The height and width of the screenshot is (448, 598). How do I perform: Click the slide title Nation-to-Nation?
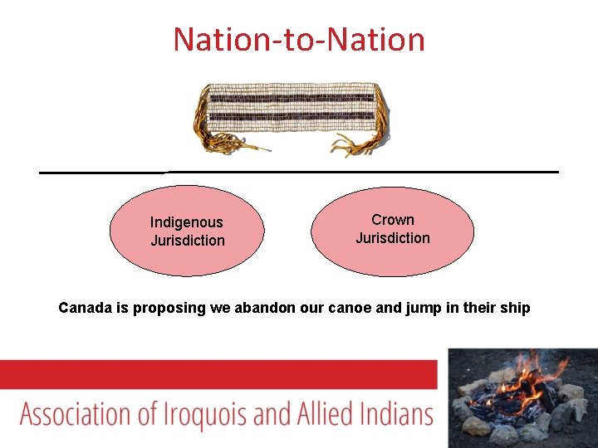(299, 39)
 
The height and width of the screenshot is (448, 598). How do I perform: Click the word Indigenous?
(187, 222)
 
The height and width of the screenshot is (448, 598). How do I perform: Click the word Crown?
(393, 220)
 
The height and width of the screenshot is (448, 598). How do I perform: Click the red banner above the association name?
(218, 373)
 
